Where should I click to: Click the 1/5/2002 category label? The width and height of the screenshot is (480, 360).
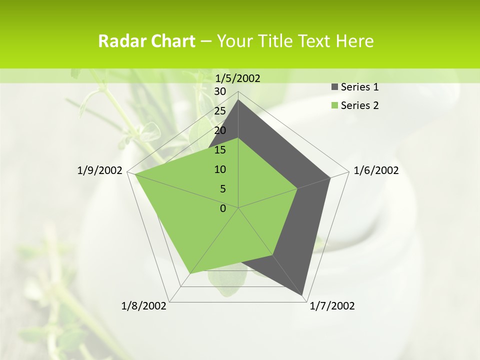coord(237,78)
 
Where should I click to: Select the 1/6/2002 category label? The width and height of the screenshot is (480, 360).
coord(376,170)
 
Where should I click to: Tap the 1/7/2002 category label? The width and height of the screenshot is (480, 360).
coord(332,306)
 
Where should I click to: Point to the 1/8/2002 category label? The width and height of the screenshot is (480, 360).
coord(144,306)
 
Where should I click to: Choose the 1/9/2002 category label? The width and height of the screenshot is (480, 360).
coord(99,170)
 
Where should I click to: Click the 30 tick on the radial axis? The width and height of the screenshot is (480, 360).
coord(220,91)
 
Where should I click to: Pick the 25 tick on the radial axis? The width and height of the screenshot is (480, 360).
coord(220,111)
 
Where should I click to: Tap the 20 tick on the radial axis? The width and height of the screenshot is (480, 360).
coord(220,130)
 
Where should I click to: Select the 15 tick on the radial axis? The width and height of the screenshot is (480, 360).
coord(220,150)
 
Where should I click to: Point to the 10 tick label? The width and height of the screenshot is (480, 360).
coord(220,169)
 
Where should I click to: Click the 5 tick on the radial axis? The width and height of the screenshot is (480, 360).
coord(222,189)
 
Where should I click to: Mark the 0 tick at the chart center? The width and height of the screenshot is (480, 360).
coord(223,208)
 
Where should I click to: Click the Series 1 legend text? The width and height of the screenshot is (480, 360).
coord(359,87)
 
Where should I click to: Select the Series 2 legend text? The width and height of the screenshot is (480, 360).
coord(359,105)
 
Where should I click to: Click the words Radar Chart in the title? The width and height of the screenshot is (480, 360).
coord(146,41)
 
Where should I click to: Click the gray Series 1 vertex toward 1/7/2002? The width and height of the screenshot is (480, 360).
coord(302,295)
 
